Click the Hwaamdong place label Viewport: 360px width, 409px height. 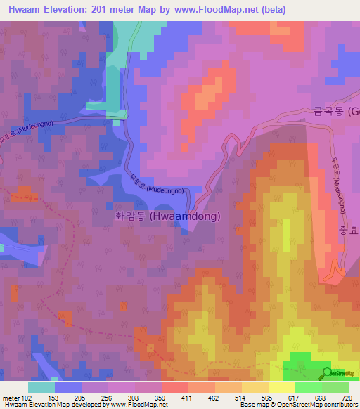[168, 217]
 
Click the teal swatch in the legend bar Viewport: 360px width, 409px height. [41, 387]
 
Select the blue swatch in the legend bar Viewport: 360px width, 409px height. [68, 387]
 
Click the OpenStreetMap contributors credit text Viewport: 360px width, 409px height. [324, 405]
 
